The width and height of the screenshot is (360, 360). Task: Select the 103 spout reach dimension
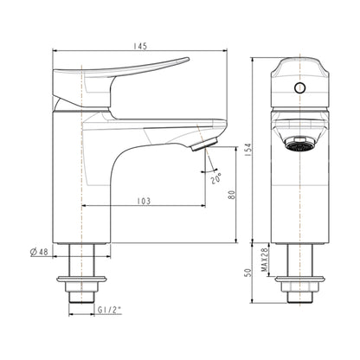pos(145,202)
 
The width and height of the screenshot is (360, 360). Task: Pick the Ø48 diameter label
pos(38,252)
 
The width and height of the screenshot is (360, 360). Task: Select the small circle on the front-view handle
pos(300,87)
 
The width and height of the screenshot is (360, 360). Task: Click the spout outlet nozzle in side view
pos(206,141)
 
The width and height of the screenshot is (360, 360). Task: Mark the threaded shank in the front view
pos(299,260)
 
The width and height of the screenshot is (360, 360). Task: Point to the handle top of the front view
pos(299,66)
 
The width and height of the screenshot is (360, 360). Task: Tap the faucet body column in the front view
pos(299,199)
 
